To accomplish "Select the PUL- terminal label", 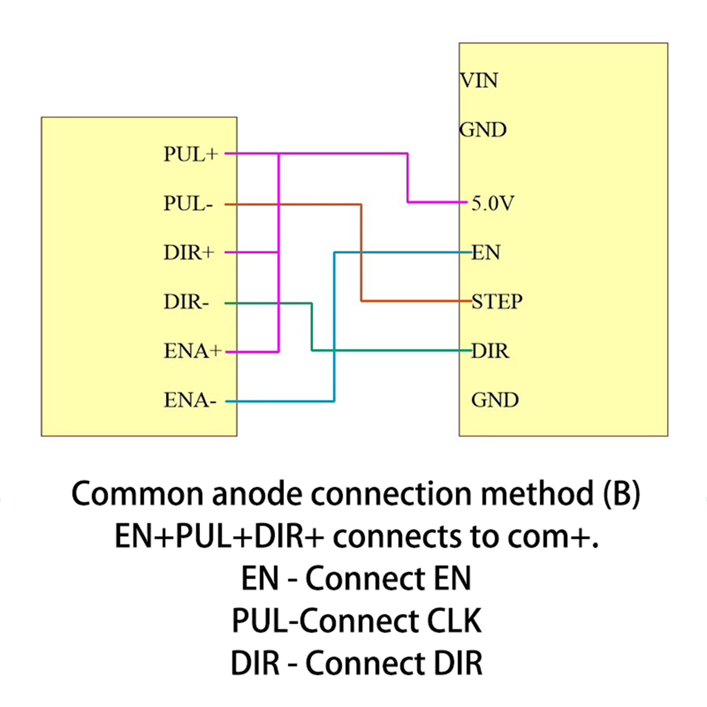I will pyautogui.click(x=188, y=204).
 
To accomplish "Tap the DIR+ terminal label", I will pyautogui.click(x=189, y=253).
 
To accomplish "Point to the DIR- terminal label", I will pyautogui.click(x=186, y=302).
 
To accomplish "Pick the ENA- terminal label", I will pyautogui.click(x=190, y=400).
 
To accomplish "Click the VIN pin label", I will pyautogui.click(x=479, y=81).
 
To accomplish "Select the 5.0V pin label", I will pyautogui.click(x=493, y=204).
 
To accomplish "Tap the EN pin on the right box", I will pyautogui.click(x=486, y=253).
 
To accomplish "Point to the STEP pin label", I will pyautogui.click(x=497, y=302).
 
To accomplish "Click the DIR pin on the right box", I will pyautogui.click(x=490, y=351).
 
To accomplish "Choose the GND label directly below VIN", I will pyautogui.click(x=483, y=130).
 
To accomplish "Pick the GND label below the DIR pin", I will pyautogui.click(x=495, y=400).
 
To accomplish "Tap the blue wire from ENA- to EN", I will pyautogui.click(x=334, y=327).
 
